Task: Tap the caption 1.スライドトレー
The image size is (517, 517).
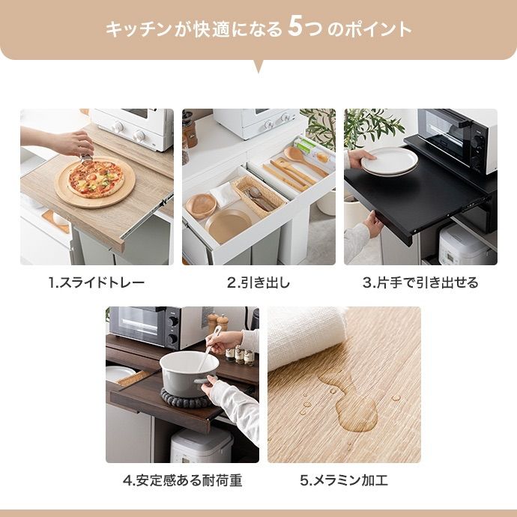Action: coord(97,282)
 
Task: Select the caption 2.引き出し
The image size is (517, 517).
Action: coord(258,282)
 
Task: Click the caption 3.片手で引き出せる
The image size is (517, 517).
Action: coord(420,282)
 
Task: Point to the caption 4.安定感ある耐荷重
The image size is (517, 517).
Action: coord(182,480)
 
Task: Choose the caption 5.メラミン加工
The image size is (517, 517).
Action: coord(344,480)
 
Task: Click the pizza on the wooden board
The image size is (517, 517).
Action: coord(94,178)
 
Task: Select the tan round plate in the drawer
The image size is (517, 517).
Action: coord(229,226)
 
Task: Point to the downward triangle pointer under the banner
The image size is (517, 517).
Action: coord(258,66)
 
